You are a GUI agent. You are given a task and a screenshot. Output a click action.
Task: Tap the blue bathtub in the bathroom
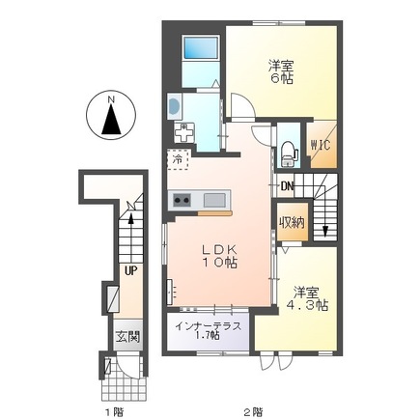point(202,48)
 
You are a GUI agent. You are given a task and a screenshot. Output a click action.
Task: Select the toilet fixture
point(288,151)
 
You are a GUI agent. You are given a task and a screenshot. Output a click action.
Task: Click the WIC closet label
point(320,147)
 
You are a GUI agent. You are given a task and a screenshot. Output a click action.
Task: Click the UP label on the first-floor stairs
point(128,270)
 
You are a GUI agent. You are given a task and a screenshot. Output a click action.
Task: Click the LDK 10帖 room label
point(219,255)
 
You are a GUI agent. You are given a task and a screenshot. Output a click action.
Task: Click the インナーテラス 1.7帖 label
point(208,333)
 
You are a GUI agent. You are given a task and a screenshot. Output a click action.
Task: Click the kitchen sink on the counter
point(214,200)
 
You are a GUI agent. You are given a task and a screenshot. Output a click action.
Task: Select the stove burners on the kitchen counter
point(182,200)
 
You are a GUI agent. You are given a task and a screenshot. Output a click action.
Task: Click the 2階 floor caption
point(253,410)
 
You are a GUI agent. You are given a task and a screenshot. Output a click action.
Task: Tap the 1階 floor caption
point(115,410)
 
